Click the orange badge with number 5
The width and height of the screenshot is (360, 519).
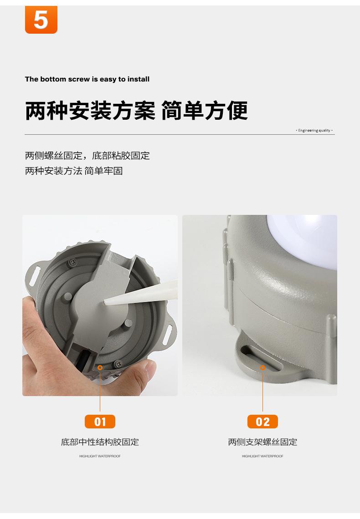coord(41,20)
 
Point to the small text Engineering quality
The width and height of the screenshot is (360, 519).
coord(314,130)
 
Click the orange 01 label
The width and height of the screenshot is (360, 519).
coord(100,422)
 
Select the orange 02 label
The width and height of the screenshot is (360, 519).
coord(262,422)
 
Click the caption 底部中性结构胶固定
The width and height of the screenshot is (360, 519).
coord(100,442)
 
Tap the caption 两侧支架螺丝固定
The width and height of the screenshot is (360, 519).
coord(262,442)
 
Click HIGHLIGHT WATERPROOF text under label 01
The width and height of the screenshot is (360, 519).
coord(100,456)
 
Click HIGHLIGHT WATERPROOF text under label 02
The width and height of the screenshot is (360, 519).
coord(262,456)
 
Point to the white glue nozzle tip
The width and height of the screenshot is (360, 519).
coord(105,301)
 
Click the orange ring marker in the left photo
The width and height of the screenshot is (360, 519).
coord(100,367)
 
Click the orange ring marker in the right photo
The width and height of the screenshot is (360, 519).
coord(262,367)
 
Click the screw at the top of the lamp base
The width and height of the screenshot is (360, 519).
coord(72,263)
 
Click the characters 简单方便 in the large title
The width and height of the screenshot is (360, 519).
coord(204,111)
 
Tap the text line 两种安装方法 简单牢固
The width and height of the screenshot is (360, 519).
coord(74,171)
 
